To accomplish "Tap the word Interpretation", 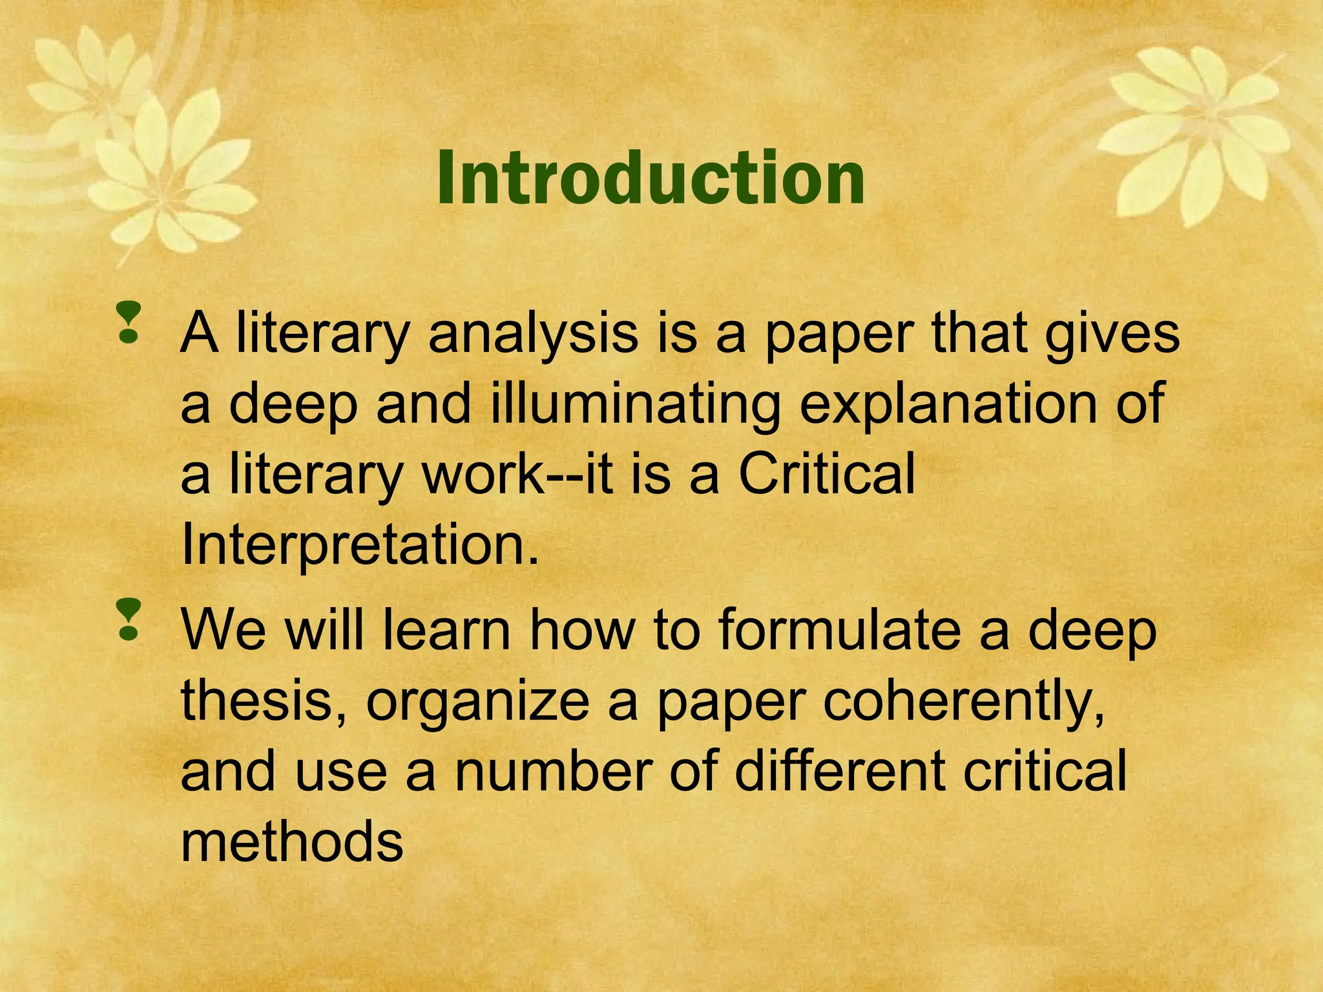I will (359, 544).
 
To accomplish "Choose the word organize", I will (477, 703).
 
